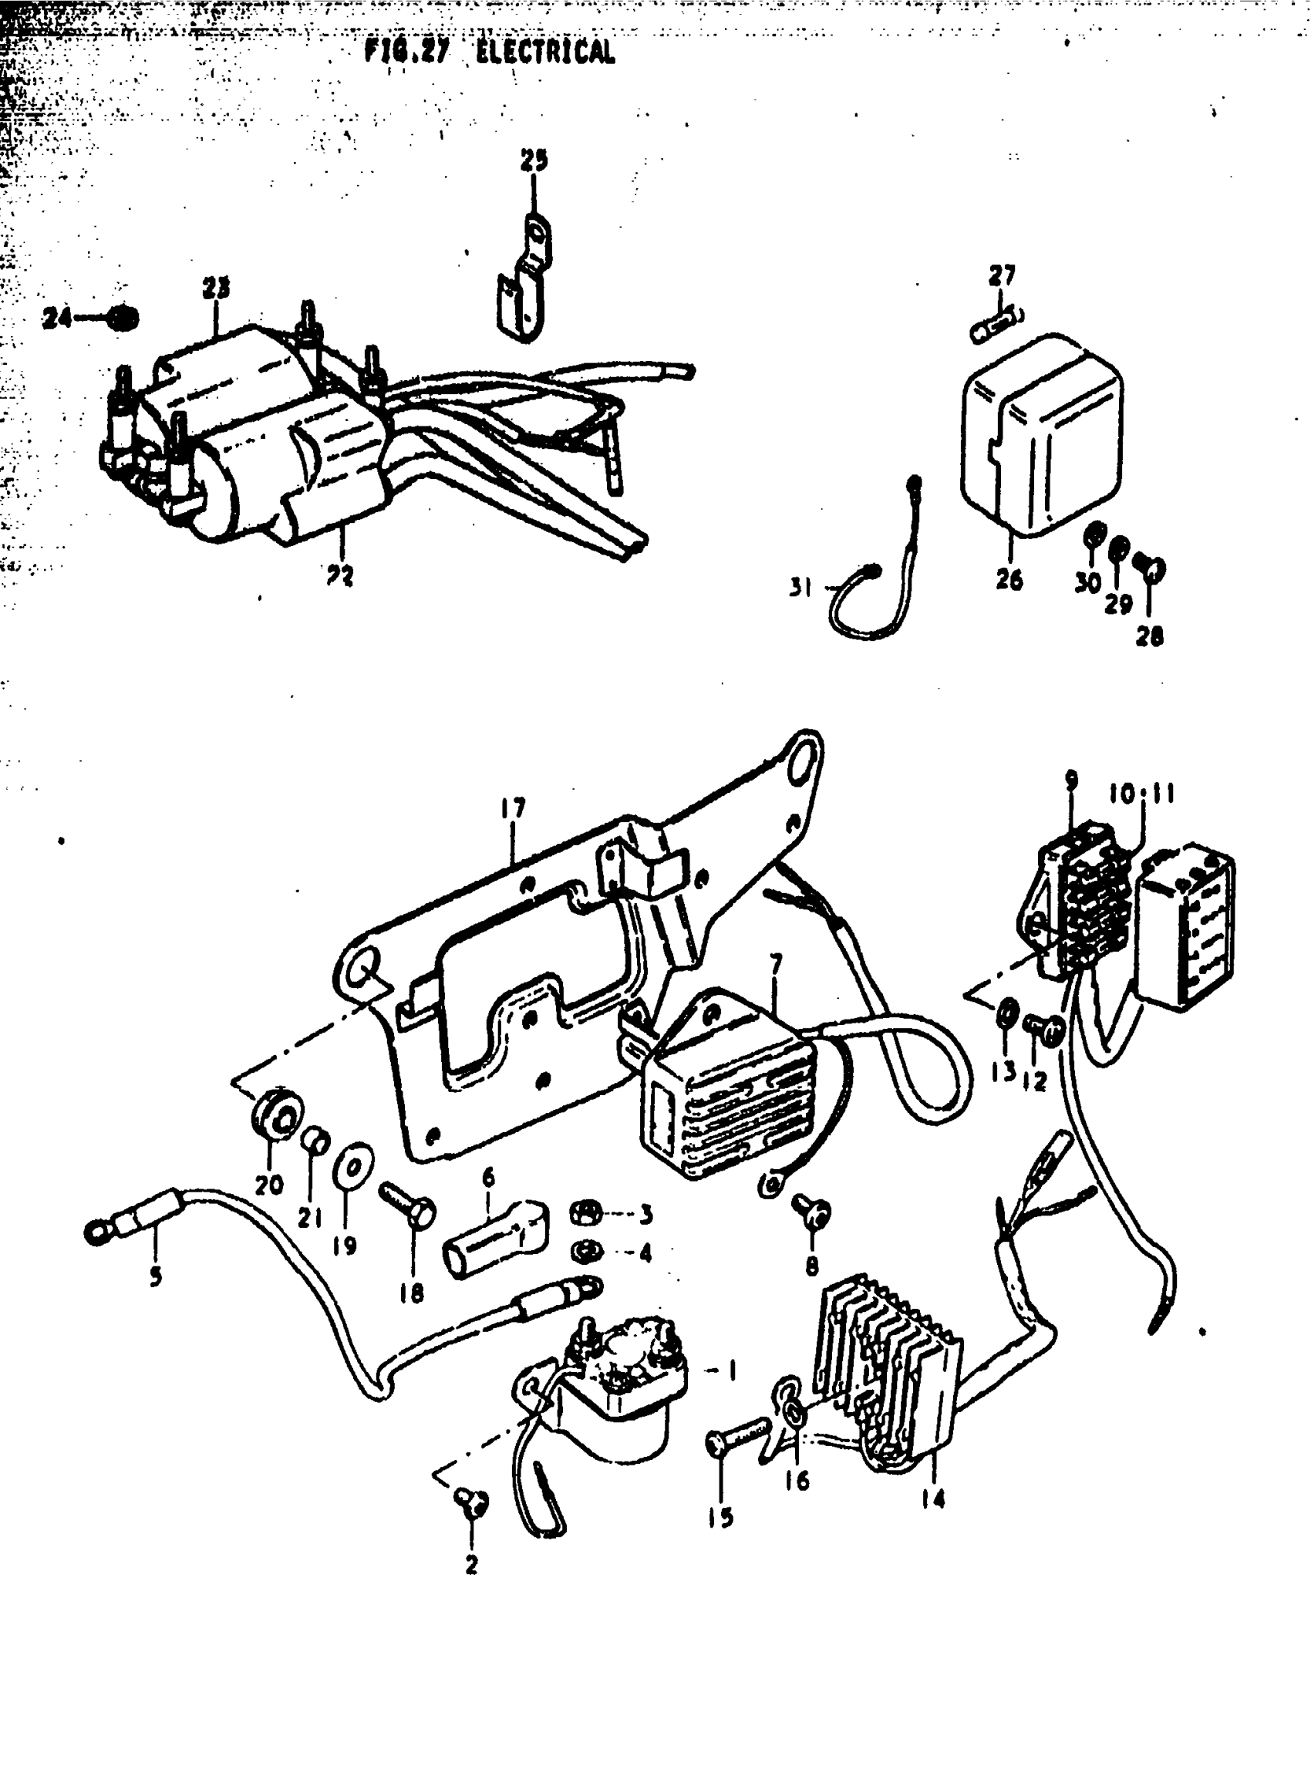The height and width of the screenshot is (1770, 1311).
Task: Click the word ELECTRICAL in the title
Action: click(545, 52)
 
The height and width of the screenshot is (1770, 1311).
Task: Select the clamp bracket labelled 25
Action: click(524, 285)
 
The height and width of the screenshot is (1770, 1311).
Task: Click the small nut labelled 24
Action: click(123, 319)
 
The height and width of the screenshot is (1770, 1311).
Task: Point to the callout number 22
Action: click(339, 575)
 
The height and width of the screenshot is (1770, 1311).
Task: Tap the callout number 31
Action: click(800, 588)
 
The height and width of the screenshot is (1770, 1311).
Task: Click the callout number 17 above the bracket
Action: click(514, 809)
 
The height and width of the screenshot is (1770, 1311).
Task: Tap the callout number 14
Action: click(933, 1499)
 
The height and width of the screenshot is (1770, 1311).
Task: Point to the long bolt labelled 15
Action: click(738, 1437)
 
